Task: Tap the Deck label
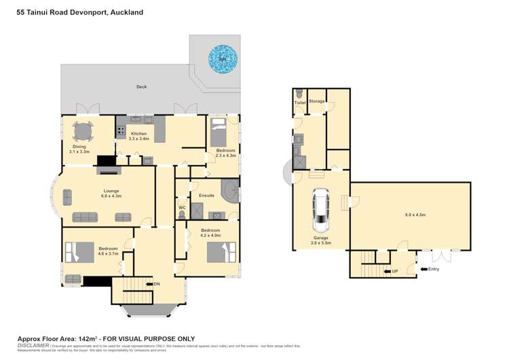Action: click(141, 87)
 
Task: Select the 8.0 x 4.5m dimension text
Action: click(415, 215)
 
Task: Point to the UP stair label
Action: click(394, 272)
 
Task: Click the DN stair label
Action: click(157, 283)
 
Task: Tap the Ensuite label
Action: click(206, 196)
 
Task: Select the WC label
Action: click(182, 208)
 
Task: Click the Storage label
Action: click(317, 101)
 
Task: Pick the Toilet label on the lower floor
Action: click(299, 103)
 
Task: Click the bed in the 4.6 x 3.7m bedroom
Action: click(79, 252)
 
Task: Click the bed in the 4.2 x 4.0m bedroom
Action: click(222, 253)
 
